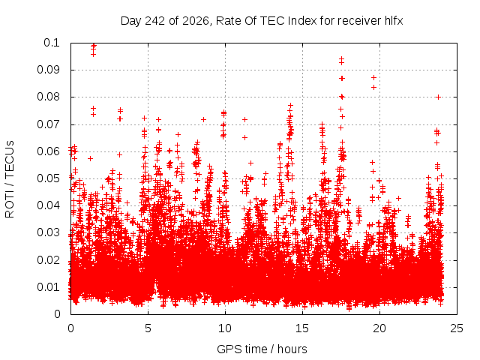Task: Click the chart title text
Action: pos(262,21)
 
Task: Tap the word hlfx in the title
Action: pos(394,21)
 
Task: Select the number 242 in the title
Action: pos(155,21)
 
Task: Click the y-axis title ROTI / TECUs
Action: pos(10,179)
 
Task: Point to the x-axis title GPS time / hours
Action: pos(262,349)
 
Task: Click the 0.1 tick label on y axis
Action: pos(52,43)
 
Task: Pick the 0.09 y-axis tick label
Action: pos(48,70)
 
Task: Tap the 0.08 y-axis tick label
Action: pos(48,97)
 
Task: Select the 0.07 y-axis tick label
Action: pos(48,124)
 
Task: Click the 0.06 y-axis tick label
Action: pos(48,151)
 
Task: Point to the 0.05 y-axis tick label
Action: pos(48,178)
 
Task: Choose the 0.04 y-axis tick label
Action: pos(48,205)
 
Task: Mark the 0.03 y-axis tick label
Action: pos(48,232)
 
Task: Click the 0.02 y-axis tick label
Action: pos(48,260)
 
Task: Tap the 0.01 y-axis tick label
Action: pos(48,287)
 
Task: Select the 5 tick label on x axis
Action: pos(148,328)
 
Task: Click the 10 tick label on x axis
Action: pos(225,328)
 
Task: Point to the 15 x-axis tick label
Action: pos(302,328)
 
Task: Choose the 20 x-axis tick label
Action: pos(379,328)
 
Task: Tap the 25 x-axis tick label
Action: pos(457,328)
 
